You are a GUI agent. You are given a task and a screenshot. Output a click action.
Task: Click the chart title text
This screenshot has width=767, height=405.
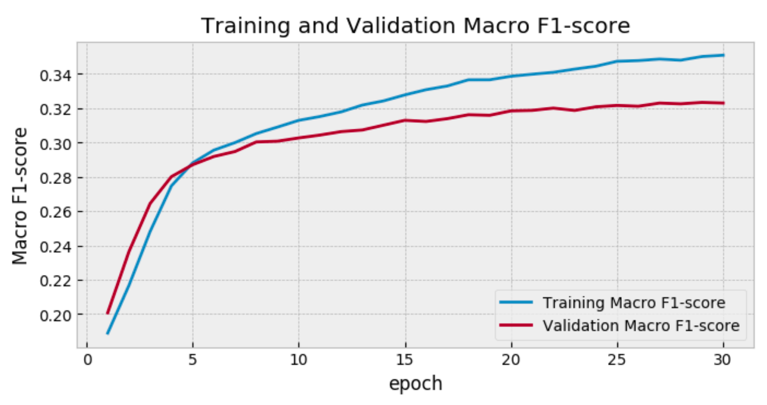click(415, 26)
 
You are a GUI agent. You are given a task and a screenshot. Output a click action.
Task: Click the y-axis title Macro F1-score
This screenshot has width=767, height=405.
click(20, 196)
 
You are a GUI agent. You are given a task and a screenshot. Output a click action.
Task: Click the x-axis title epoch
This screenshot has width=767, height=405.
click(415, 383)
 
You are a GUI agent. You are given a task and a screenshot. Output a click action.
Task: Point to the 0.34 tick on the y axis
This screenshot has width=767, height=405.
click(55, 76)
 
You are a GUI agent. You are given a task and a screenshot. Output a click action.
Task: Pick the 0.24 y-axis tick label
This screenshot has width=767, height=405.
click(55, 247)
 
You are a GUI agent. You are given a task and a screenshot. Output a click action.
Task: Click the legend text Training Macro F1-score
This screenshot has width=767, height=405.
click(634, 303)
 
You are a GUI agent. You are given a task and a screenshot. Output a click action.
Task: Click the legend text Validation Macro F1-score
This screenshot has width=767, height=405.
click(641, 326)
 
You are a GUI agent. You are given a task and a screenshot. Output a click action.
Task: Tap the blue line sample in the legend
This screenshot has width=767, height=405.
click(516, 302)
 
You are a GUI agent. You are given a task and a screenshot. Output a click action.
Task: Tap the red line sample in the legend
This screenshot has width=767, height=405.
click(516, 325)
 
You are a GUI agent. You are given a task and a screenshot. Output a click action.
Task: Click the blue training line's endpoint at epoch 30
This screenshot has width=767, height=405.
click(723, 55)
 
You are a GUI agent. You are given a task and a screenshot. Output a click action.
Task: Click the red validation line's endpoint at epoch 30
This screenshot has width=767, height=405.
click(723, 103)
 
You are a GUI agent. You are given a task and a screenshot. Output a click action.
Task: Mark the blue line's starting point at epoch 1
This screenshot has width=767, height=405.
click(108, 333)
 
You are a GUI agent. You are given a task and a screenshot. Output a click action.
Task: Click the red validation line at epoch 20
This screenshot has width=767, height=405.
click(511, 111)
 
